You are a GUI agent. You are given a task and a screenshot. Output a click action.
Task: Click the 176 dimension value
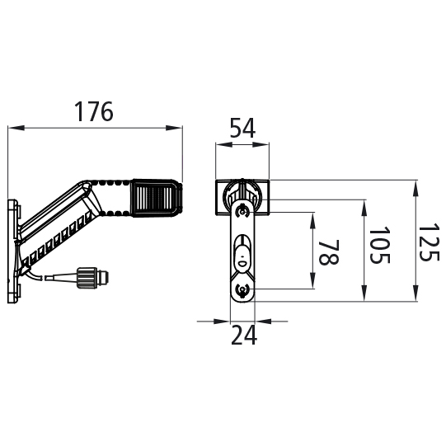94,111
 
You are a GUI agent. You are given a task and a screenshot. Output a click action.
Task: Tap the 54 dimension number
242,128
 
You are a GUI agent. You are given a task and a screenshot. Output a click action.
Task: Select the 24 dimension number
244,335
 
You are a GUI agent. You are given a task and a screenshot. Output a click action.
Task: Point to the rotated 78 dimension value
329,252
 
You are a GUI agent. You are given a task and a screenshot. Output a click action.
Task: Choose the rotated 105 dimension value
379,245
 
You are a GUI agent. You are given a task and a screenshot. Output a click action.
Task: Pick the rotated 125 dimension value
429,242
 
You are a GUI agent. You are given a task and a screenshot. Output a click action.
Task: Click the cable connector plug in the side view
92,278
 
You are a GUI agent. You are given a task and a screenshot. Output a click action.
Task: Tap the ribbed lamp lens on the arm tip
156,197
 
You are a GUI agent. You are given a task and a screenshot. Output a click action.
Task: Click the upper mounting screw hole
242,212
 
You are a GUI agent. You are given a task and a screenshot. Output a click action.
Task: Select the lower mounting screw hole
242,290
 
